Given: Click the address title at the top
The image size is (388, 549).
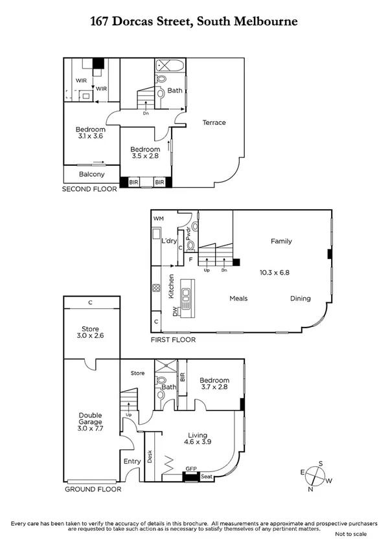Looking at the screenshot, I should tap(194, 21).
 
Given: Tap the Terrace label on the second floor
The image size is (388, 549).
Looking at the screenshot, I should tap(214, 122).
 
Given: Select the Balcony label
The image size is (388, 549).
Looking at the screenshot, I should tap(91, 174).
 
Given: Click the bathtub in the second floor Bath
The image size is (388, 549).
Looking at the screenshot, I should tap(170, 66).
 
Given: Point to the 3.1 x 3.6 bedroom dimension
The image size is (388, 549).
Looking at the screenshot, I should tap(89, 137).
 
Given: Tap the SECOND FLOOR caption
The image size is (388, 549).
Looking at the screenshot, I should tap(89, 190).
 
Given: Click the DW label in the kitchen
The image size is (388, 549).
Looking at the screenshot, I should tap(175, 312).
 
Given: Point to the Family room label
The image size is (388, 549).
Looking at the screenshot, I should tap(281, 241).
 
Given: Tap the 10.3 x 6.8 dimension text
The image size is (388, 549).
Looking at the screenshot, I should tap(275, 273).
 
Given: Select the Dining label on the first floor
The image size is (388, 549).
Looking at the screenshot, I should tap(300, 298).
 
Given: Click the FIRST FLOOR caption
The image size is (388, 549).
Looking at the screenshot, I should tap(173, 339).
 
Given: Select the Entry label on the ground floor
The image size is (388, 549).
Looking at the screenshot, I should tap(131, 462).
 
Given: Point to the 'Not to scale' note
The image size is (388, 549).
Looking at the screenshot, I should tap(350, 534).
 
